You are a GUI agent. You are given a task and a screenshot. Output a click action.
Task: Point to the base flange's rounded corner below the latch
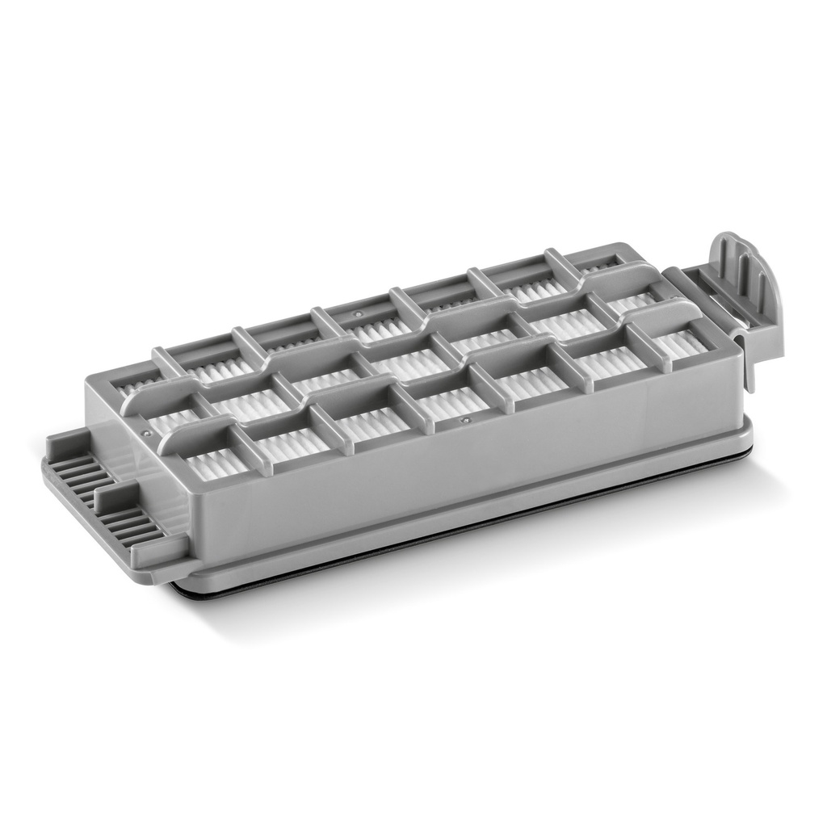pyautogui.click(x=743, y=440)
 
